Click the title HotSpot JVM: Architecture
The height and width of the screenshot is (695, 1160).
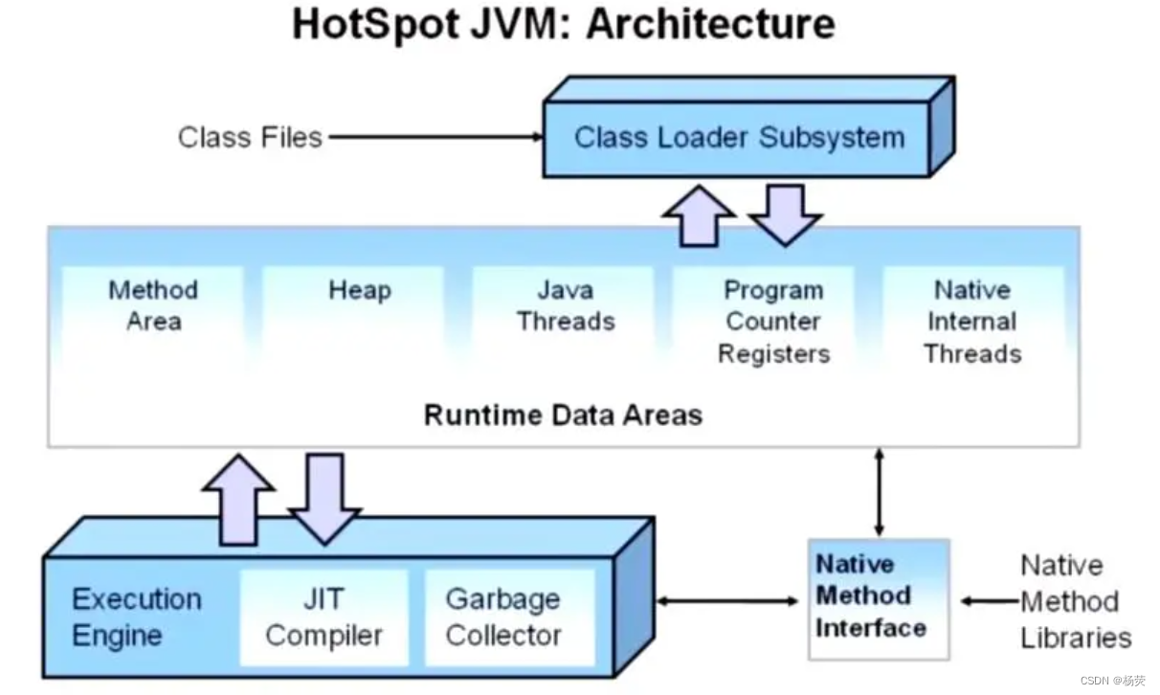pos(563,25)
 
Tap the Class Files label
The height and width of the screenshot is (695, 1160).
pos(250,137)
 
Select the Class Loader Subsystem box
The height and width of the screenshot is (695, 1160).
pos(738,137)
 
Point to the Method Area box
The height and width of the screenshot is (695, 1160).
pos(153,305)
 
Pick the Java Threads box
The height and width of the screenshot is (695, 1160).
pos(566,305)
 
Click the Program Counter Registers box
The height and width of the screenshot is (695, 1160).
pos(773,322)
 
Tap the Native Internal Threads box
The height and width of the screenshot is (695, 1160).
pos(972,322)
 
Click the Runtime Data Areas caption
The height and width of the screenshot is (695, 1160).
pos(563,415)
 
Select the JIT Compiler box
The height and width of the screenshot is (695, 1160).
pos(323,617)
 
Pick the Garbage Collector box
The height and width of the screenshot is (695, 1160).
pos(503,617)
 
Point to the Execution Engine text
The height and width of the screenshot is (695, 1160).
pos(137,617)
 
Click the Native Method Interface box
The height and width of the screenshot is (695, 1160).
pos(871,596)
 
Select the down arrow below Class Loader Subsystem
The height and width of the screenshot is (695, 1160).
pos(785,213)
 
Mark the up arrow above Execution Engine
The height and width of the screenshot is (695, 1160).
pos(238,497)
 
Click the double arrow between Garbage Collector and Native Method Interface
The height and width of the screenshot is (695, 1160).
pos(727,601)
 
